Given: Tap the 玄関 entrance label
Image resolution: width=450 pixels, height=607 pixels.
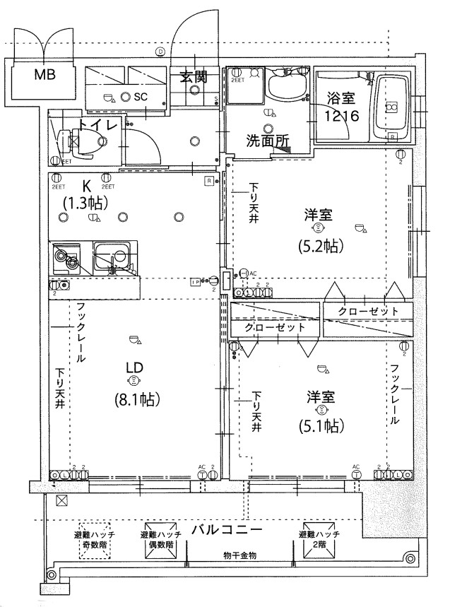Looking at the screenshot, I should (193, 77).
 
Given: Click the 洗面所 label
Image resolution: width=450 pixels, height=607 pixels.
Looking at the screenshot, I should (268, 141).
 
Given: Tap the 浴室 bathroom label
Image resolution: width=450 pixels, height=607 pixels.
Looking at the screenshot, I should (342, 98).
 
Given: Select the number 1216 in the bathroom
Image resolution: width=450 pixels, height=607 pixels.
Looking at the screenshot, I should (342, 116).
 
